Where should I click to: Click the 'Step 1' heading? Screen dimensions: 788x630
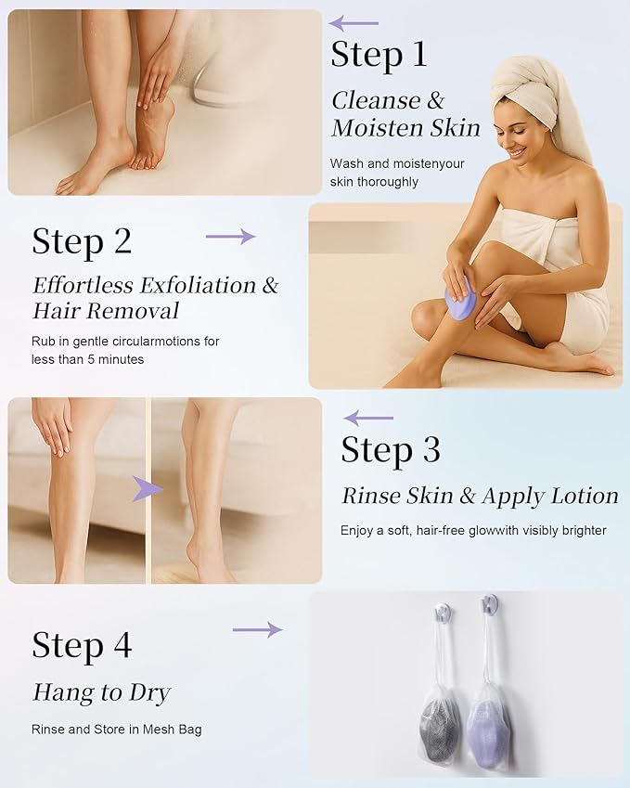click(x=379, y=55)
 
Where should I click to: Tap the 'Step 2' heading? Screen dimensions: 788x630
click(x=82, y=241)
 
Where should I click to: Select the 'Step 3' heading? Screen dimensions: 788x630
click(x=390, y=450)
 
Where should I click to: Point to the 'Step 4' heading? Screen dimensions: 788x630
click(x=82, y=645)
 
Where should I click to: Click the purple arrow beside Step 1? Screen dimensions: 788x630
click(x=354, y=23)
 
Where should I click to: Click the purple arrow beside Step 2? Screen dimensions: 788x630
click(x=230, y=237)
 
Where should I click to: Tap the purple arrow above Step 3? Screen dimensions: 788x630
click(x=368, y=419)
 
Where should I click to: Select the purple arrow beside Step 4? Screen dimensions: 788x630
click(x=257, y=630)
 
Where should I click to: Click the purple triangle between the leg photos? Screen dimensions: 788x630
click(x=142, y=489)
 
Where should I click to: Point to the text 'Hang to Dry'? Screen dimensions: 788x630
click(x=101, y=692)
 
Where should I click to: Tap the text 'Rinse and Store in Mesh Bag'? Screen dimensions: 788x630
click(x=116, y=730)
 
